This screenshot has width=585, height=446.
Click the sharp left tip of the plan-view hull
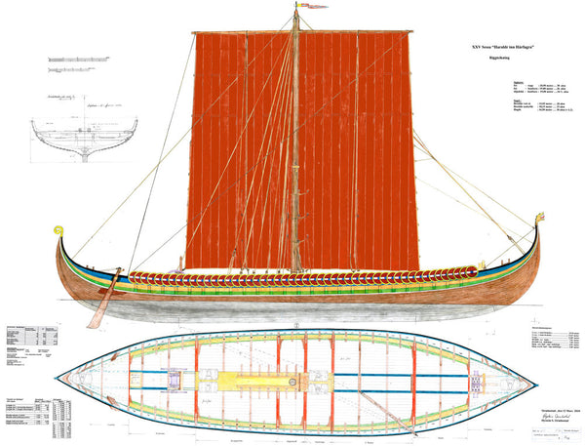point(56,377)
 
